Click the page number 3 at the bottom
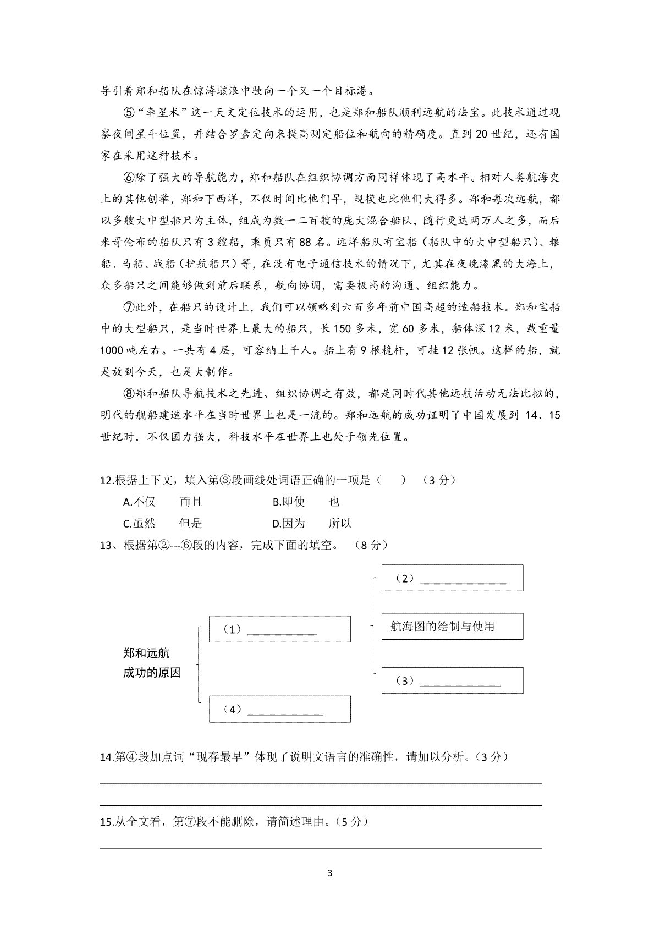pyautogui.click(x=330, y=873)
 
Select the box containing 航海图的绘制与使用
pyautogui.click(x=452, y=627)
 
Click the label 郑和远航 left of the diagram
pyautogui.click(x=146, y=653)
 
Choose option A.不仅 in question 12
pyautogui.click(x=140, y=502)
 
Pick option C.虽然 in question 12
pyautogui.click(x=140, y=523)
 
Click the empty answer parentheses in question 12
pyautogui.click(x=392, y=480)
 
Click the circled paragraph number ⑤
pyautogui.click(x=127, y=113)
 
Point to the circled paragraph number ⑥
pyautogui.click(x=127, y=178)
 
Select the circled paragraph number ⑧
pyautogui.click(x=127, y=394)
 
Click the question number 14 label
pyautogui.click(x=106, y=757)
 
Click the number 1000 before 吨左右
pyautogui.click(x=112, y=350)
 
